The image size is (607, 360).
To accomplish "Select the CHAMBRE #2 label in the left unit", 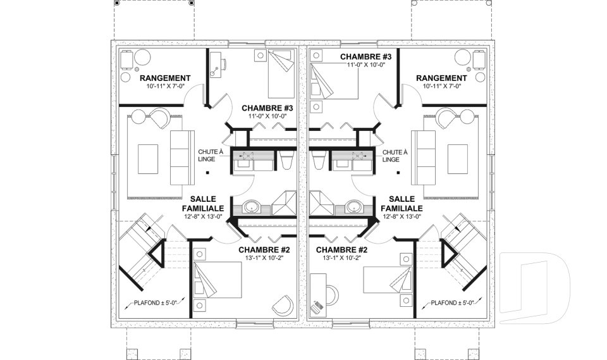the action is coord(264,250).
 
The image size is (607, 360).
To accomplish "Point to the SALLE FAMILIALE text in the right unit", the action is coord(402,204).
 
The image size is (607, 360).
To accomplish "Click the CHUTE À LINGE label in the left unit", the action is coord(211,156).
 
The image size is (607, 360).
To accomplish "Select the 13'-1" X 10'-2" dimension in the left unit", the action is coord(264,258).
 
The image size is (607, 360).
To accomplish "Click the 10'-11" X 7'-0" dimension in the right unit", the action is coord(442,86).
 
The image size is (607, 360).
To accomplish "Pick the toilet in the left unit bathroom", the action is coord(286,161).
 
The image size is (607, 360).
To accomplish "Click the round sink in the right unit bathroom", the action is coord(353,206).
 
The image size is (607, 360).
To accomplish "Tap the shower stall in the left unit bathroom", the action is coord(284,202).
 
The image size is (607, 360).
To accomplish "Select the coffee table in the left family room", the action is coord(148,159).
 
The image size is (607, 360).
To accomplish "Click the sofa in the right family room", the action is coord(424,158).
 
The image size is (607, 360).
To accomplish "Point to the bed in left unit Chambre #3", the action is coord(281,74).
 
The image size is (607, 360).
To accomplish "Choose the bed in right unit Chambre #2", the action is coord(387,280).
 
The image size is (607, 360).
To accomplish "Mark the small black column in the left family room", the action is coord(207,173).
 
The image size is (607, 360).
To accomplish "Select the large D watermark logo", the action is coord(536,287).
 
